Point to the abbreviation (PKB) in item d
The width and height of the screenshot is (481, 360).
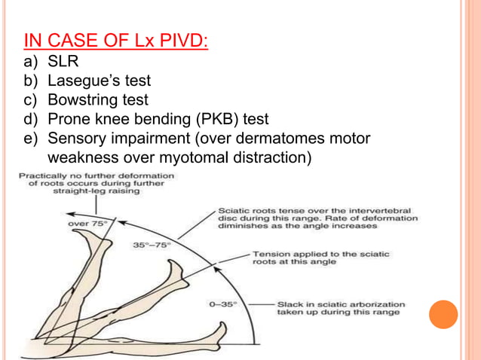pos(216,119)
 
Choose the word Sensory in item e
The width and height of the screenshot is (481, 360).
pos(77,139)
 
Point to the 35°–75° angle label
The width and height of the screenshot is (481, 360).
pos(153,245)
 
